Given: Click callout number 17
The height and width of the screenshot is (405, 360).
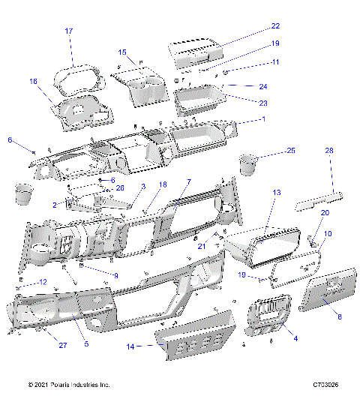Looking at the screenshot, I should click(69, 31).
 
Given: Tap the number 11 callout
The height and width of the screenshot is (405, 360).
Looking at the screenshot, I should click(254, 61).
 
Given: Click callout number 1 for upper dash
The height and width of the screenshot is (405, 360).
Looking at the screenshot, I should click(263, 119).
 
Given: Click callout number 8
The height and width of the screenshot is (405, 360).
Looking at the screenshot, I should click(338, 317).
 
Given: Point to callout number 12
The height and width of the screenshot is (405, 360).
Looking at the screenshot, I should click(43, 282).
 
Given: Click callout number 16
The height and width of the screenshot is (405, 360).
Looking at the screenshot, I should click(33, 81).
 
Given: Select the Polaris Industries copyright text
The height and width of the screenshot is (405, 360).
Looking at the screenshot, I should click(68, 385).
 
